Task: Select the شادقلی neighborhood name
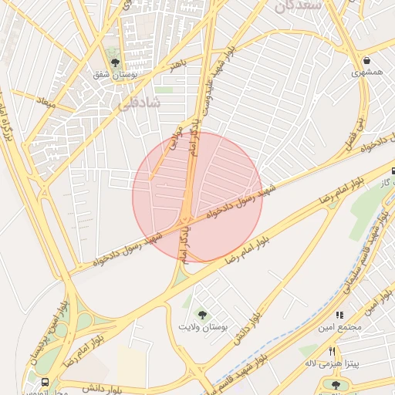click(x=137, y=101)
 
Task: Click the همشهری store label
click(x=367, y=73)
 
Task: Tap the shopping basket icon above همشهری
click(x=366, y=59)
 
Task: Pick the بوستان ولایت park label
click(x=204, y=328)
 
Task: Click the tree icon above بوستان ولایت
click(x=203, y=314)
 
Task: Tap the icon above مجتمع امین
click(x=338, y=315)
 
